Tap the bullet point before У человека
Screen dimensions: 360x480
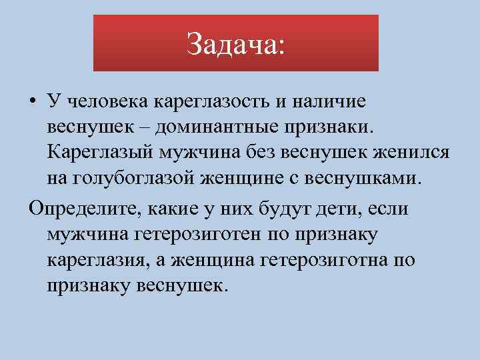(x=33, y=101)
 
